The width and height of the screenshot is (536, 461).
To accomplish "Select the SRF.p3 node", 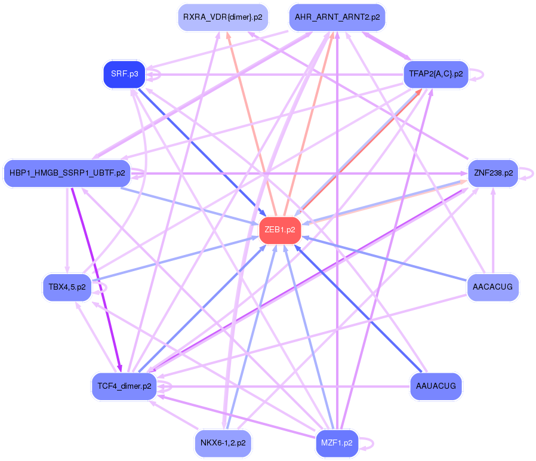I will [x=124, y=74].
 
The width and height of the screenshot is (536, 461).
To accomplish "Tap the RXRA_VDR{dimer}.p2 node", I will [x=223, y=17].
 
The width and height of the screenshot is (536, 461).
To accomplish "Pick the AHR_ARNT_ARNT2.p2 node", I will [x=337, y=17].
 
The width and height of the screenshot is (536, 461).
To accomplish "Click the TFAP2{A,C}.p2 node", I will [x=436, y=74].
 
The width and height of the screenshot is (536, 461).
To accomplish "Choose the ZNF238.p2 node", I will [x=493, y=173].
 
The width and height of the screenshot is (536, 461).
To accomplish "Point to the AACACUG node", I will [x=492, y=287].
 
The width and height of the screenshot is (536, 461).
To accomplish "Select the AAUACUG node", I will [x=436, y=386].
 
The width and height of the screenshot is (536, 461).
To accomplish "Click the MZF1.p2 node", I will [x=337, y=443].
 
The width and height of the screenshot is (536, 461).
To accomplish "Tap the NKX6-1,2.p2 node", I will [x=223, y=443].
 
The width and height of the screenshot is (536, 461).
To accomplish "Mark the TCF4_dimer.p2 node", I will [x=124, y=386].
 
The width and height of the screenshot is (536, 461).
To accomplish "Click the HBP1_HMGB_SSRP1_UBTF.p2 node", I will [x=67, y=173].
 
